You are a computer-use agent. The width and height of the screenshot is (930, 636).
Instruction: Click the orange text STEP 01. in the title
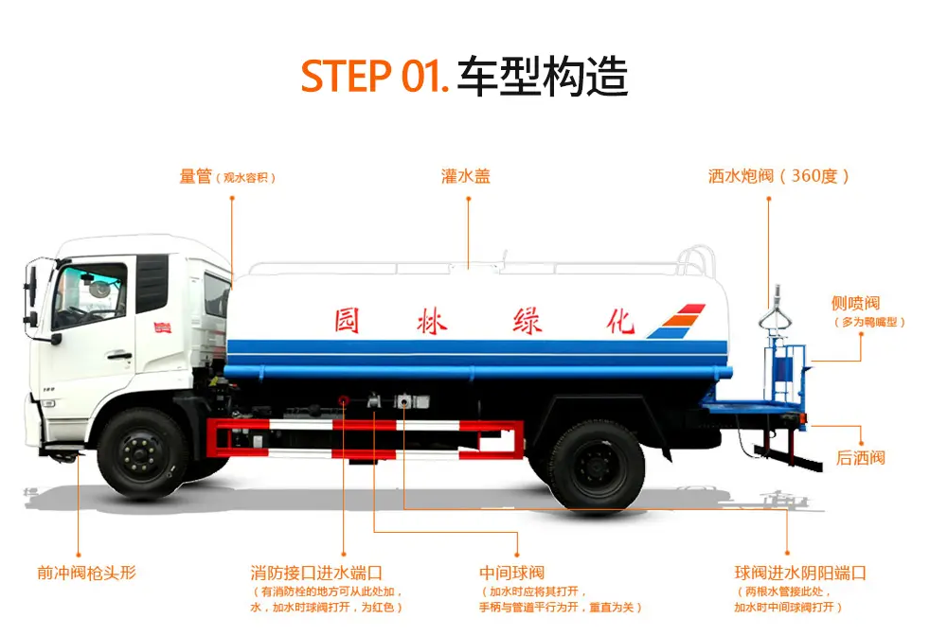(x=374, y=77)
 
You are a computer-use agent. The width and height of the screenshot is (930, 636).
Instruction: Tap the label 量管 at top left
(x=196, y=177)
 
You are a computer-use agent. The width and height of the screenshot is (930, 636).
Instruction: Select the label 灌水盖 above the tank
(x=466, y=177)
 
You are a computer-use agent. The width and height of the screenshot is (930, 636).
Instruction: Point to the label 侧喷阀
(x=855, y=304)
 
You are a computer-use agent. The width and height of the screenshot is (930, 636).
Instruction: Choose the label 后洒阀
(x=860, y=458)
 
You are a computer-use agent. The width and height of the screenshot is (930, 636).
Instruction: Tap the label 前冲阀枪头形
(x=87, y=573)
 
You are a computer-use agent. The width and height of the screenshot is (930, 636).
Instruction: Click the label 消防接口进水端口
(x=316, y=573)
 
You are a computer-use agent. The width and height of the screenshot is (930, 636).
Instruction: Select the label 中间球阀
(x=511, y=573)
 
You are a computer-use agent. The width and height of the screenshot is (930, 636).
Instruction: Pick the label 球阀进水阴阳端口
(x=800, y=573)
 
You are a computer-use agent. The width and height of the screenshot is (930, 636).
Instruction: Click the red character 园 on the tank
(x=348, y=320)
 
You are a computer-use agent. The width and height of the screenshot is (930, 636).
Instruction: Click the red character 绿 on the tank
(x=527, y=320)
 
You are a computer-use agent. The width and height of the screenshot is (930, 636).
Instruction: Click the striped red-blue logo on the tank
(x=677, y=321)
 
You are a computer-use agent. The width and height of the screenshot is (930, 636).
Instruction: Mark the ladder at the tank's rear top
(x=699, y=259)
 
